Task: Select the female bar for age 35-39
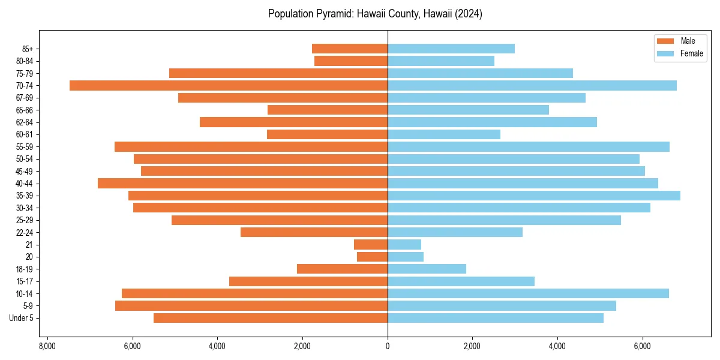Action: (x=534, y=196)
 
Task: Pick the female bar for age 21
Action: (x=404, y=245)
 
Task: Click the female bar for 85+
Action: (x=451, y=49)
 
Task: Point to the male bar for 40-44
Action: (x=242, y=183)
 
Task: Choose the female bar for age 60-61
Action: (x=444, y=134)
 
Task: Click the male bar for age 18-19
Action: (x=342, y=269)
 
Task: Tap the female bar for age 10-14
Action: (x=528, y=293)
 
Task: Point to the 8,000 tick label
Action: (x=47, y=347)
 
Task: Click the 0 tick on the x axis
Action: (x=388, y=347)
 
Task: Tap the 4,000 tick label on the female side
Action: (x=557, y=347)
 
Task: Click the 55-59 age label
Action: (x=24, y=146)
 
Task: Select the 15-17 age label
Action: (x=24, y=281)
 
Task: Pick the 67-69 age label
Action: (x=24, y=98)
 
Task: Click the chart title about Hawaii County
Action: (x=375, y=14)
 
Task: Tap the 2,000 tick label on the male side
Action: (x=302, y=347)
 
